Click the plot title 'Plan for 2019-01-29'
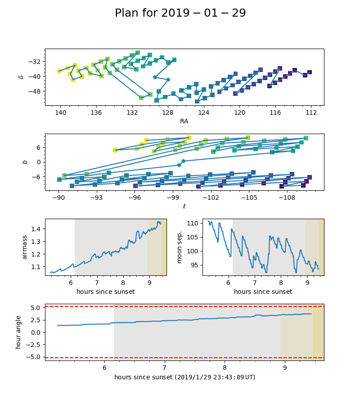180,13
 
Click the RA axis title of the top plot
184,121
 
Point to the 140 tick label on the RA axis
60,112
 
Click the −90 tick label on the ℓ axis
58,197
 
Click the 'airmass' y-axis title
25,247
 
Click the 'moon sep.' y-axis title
180,247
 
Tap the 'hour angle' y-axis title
18,332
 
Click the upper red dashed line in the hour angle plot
180,306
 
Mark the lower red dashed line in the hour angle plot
180,358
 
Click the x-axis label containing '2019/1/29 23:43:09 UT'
184,377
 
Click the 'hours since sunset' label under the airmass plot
105,292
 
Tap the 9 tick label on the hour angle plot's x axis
285,367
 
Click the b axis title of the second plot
25,162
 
